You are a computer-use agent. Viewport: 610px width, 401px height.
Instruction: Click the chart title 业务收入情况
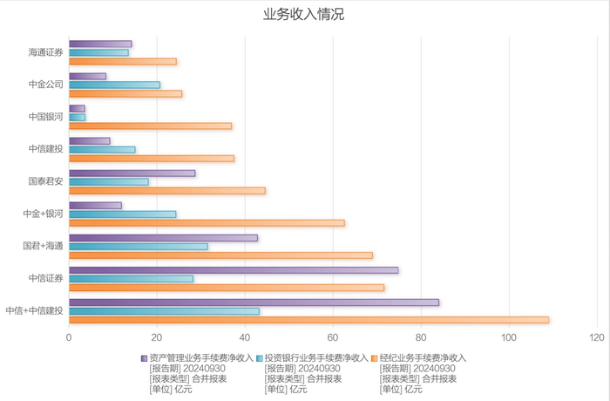(x=305, y=15)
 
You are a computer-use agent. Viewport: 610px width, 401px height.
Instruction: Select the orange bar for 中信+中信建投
(x=308, y=320)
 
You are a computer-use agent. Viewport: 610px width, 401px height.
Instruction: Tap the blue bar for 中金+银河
(x=122, y=214)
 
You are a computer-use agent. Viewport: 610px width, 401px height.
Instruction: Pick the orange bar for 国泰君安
(x=166, y=190)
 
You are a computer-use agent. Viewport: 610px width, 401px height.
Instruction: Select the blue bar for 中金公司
(x=114, y=85)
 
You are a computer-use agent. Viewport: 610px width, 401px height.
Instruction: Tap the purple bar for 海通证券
(x=100, y=44)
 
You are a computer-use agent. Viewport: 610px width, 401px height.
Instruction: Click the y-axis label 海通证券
(x=45, y=52)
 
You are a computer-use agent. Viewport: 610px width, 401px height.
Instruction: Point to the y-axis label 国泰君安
(x=45, y=181)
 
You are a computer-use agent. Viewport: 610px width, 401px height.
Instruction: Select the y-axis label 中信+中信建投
(x=34, y=310)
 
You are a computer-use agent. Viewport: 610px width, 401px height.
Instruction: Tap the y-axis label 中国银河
(x=45, y=117)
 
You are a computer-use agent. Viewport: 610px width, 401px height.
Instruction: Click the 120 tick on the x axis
(x=597, y=337)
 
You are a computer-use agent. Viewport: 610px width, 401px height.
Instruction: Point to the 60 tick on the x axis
(x=333, y=337)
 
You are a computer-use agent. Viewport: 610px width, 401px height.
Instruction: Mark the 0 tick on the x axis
(x=69, y=337)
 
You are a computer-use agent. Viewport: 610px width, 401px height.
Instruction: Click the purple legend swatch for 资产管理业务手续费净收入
(x=144, y=357)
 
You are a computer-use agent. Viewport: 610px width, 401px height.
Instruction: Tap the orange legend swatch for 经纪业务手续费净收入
(x=375, y=357)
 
